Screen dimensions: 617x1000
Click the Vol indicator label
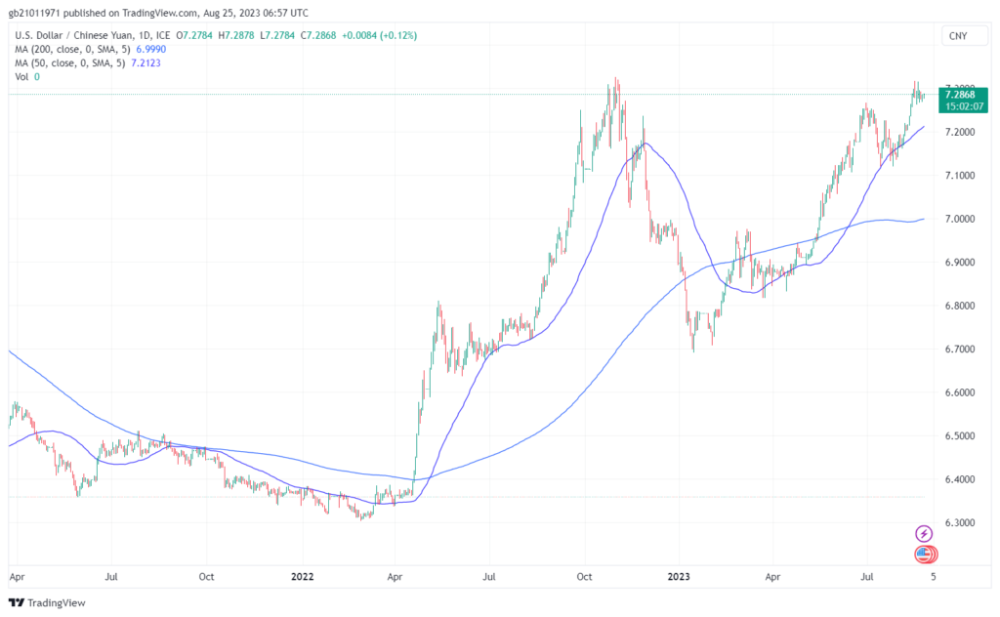point(21,77)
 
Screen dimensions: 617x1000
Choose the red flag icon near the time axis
point(924,555)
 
